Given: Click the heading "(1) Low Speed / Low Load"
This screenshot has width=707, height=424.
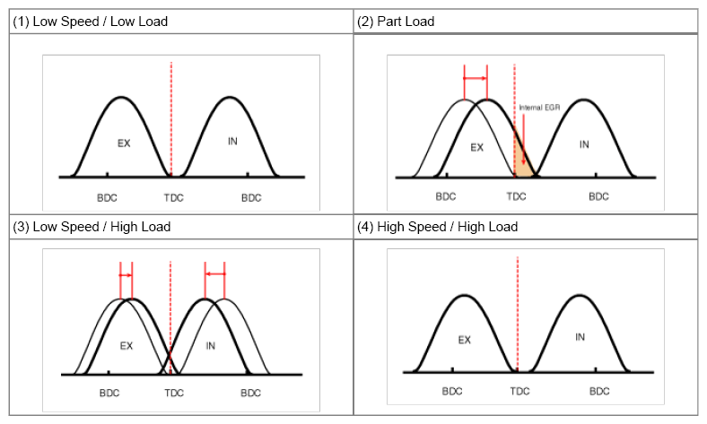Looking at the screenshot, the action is click(91, 22).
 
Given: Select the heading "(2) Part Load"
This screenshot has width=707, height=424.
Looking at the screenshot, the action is click(396, 22).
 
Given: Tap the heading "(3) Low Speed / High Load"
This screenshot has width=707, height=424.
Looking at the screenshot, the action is click(92, 227).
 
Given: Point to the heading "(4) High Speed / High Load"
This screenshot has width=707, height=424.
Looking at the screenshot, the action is click(437, 227).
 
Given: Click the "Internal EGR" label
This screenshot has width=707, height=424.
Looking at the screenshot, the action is click(539, 108).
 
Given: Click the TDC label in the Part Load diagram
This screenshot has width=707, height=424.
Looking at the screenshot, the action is click(516, 196).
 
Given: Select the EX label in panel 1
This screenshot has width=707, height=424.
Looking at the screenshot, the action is click(124, 143).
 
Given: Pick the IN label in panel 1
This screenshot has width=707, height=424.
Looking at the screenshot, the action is click(232, 142).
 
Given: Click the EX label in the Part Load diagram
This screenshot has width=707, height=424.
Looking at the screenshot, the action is click(477, 147).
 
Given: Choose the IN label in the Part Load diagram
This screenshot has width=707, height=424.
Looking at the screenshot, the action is click(584, 144).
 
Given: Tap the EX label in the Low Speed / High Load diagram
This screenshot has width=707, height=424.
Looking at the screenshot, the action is click(127, 346).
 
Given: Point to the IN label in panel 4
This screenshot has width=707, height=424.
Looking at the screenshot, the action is click(580, 337).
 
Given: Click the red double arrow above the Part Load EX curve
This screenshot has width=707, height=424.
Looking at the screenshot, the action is click(476, 78).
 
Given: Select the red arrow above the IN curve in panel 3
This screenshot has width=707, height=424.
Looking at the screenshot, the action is click(214, 274).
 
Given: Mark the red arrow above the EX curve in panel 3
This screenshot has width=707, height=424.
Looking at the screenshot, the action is click(127, 275).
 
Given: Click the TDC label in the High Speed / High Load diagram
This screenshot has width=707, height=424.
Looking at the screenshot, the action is click(519, 391).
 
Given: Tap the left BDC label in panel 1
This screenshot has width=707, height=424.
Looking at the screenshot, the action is click(108, 198).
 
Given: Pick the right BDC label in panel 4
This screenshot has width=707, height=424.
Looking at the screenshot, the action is click(599, 391).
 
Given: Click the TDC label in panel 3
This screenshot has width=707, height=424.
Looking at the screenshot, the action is click(174, 393).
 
